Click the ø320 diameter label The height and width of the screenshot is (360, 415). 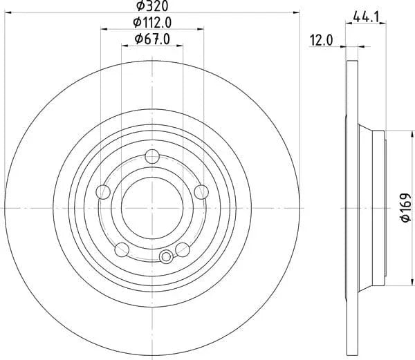[x=152, y=6]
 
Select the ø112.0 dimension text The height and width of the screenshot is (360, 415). [x=152, y=23]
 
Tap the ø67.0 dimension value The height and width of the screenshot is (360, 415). [x=152, y=39]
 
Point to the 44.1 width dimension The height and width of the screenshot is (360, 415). [x=366, y=17]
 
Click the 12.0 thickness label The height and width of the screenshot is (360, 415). [x=322, y=41]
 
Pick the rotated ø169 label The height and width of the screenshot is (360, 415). [x=405, y=207]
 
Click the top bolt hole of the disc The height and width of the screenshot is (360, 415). [x=152, y=156]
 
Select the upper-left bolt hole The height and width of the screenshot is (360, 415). [x=103, y=192]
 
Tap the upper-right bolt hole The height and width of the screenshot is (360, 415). [x=201, y=192]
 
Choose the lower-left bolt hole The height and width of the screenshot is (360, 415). [x=122, y=249]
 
